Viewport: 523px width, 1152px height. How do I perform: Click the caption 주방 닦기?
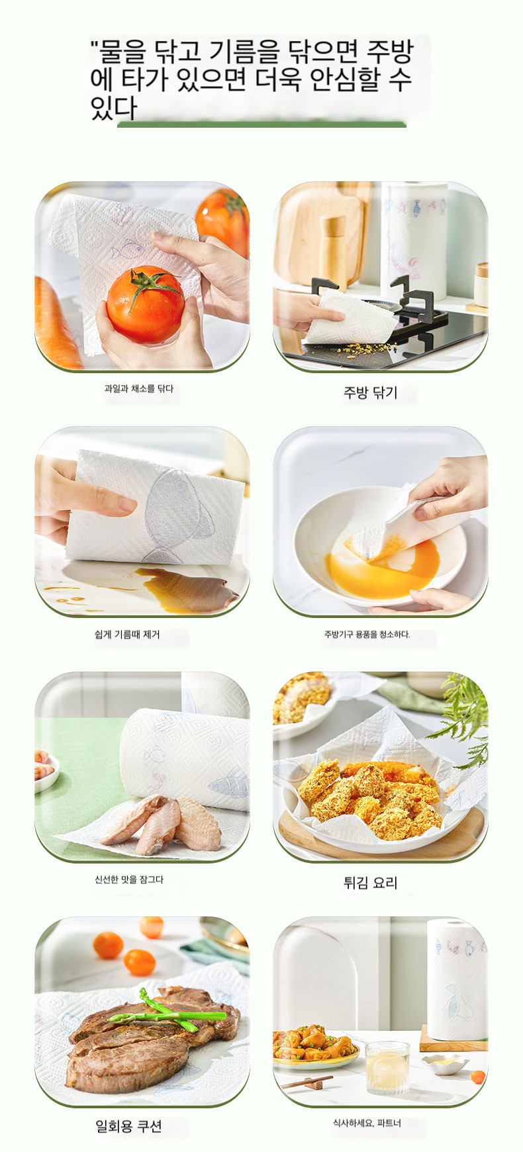370,393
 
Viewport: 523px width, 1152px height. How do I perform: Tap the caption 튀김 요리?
370,883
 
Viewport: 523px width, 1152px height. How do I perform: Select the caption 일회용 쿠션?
128,1126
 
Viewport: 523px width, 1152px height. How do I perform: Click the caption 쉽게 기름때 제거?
127,635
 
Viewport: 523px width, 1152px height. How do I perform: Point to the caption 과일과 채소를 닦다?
138,388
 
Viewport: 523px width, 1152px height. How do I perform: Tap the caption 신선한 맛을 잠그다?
128,879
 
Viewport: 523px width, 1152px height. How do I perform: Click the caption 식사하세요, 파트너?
367,1123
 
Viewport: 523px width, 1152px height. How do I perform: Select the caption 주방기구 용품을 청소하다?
367,634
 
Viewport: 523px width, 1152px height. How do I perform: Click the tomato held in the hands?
146,306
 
